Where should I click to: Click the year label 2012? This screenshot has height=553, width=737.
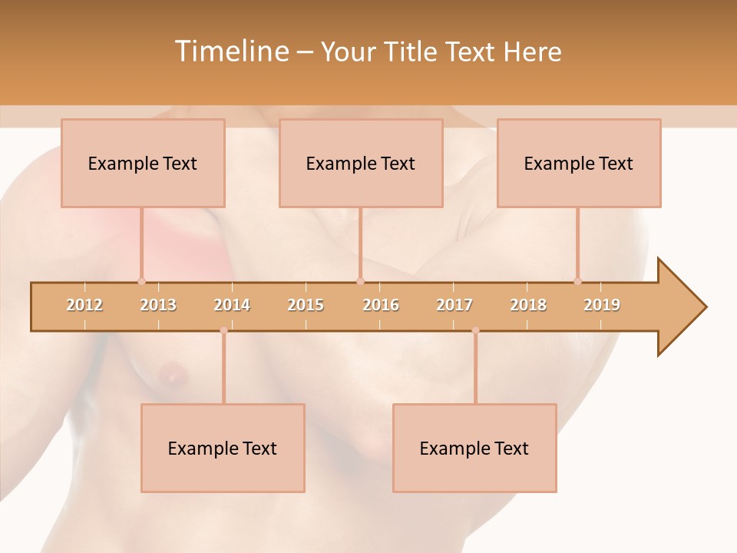(x=84, y=305)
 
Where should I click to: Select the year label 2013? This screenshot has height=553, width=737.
(x=158, y=305)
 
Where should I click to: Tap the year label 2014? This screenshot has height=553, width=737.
(x=232, y=305)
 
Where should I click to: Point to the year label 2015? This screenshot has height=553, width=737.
(x=306, y=305)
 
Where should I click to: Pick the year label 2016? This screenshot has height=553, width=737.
(x=381, y=305)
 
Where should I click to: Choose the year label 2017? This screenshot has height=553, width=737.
(x=454, y=305)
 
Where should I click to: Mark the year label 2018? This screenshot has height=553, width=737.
(x=528, y=305)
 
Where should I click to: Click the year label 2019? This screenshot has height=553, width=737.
(x=602, y=305)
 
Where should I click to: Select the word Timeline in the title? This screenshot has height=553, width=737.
(x=230, y=51)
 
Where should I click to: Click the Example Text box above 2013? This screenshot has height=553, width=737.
(x=143, y=163)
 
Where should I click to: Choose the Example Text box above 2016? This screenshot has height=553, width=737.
(x=361, y=163)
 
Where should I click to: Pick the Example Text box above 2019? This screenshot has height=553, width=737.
(x=579, y=163)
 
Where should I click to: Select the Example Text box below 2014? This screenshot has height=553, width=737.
(x=223, y=448)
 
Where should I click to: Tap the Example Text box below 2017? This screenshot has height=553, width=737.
(x=474, y=448)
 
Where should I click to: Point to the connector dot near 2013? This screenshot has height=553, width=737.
(x=141, y=281)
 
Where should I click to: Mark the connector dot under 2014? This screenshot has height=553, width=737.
(x=223, y=330)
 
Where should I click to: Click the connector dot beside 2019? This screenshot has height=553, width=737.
(x=577, y=281)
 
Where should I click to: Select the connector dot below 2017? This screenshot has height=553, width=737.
(x=475, y=330)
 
